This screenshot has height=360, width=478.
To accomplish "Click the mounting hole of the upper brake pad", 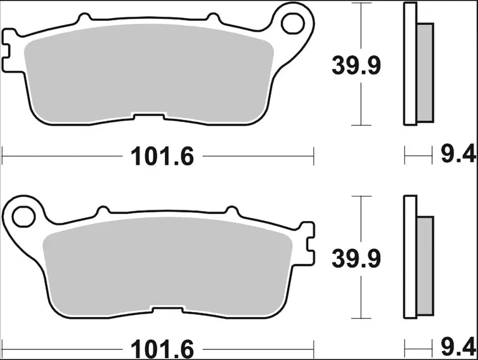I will click(x=292, y=23).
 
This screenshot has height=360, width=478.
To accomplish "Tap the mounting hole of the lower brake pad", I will click(x=23, y=215).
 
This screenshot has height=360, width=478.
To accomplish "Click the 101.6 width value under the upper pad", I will click(x=161, y=155).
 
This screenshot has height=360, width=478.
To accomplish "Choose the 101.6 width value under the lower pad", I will click(x=161, y=349).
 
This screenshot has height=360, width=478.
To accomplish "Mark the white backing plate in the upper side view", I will click(x=410, y=63).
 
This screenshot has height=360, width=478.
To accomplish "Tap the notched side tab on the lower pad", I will click(x=308, y=243).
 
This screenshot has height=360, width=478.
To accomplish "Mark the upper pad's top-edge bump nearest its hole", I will click(x=213, y=17).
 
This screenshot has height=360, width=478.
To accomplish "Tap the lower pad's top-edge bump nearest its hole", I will click(x=103, y=210).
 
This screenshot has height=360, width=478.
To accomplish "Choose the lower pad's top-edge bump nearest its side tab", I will click(x=232, y=210).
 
